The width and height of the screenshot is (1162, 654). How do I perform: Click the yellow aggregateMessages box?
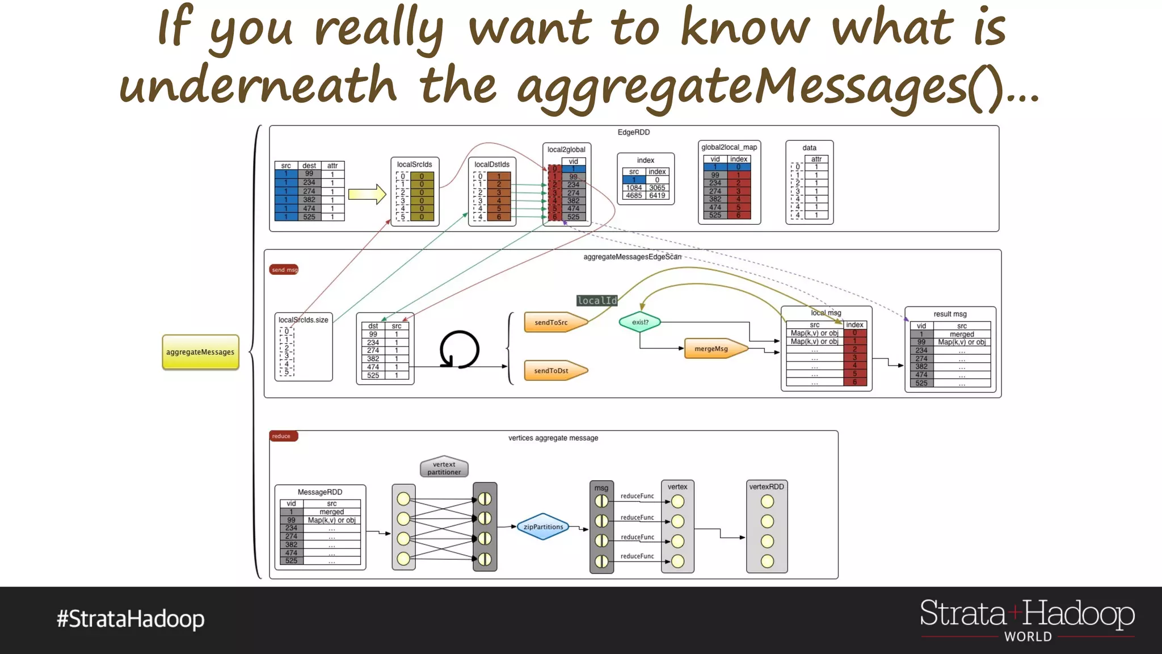point(200,352)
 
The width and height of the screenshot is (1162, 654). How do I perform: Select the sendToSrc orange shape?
point(553,322)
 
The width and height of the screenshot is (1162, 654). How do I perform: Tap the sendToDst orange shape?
point(553,371)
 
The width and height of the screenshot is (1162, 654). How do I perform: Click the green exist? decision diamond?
point(640,322)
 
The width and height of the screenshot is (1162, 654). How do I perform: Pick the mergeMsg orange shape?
point(713,349)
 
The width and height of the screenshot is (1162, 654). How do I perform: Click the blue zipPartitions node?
point(543,527)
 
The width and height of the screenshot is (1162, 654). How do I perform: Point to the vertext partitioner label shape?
point(444,468)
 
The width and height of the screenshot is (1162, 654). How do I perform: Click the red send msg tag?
point(284,270)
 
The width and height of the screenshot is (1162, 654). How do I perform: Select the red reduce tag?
point(282,436)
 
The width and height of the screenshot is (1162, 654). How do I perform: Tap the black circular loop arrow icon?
point(460,350)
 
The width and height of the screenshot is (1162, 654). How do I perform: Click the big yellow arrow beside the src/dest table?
point(367,194)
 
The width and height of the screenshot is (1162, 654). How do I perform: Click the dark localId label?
point(597,300)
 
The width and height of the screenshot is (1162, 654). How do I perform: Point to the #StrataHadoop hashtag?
point(130,619)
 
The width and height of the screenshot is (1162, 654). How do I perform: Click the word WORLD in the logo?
point(1028,637)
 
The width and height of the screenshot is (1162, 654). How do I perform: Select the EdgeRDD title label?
point(634,132)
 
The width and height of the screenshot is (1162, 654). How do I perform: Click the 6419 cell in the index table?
point(657,195)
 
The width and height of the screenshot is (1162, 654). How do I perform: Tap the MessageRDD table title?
point(320,492)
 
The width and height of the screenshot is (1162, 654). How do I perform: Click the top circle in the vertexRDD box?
point(767,501)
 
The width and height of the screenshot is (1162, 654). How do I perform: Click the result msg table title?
point(950,314)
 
